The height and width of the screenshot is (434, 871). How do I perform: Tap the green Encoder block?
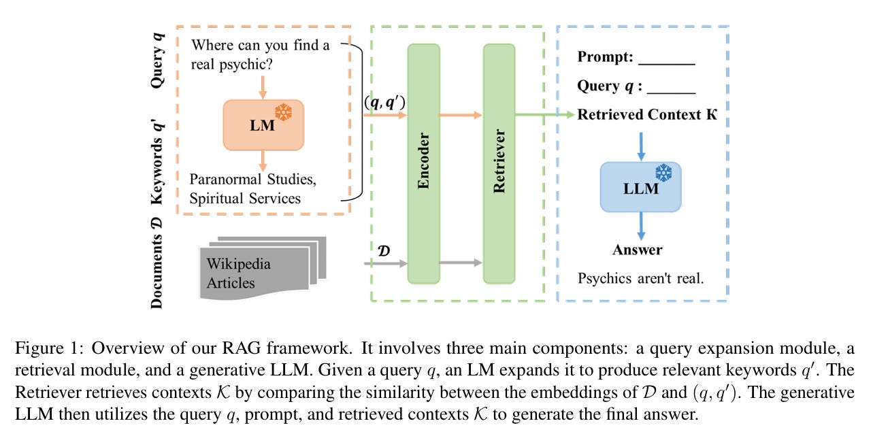click(x=424, y=163)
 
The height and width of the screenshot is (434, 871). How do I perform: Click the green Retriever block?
click(x=500, y=163)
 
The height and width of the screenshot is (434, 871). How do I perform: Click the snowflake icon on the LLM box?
click(x=663, y=171)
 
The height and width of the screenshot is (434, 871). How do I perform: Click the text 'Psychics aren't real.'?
click(x=640, y=278)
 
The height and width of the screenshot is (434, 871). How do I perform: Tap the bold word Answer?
click(x=637, y=250)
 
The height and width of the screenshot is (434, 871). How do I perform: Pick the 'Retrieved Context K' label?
click(x=647, y=114)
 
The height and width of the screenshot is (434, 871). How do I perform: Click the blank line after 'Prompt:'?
click(x=666, y=63)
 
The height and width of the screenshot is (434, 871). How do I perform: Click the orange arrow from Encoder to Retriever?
click(x=460, y=115)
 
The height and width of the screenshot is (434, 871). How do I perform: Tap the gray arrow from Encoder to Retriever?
click(x=460, y=262)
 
